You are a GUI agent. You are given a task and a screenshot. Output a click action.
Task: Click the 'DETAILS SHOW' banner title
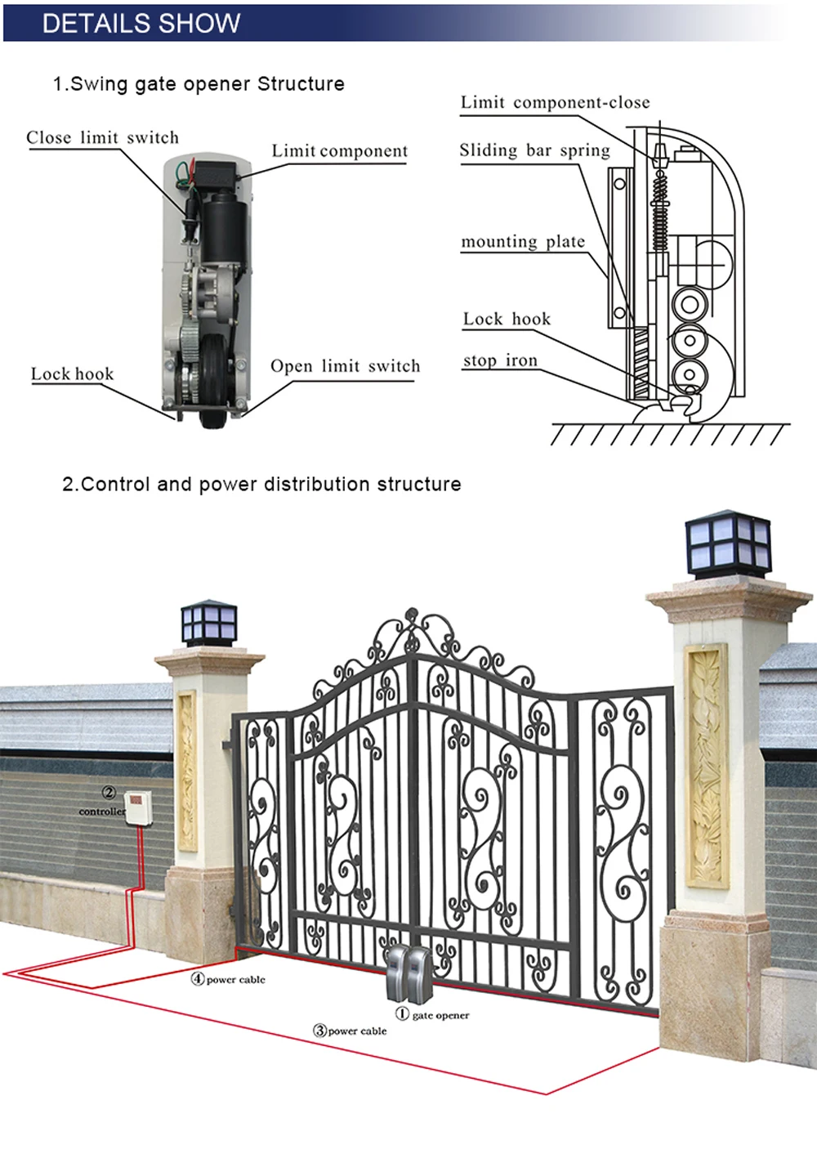coord(141,23)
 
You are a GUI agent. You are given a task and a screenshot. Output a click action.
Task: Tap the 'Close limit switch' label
coord(102,137)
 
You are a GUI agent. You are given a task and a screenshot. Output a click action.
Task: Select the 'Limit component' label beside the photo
coord(339,151)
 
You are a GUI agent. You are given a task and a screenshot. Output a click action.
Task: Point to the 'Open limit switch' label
coord(345,366)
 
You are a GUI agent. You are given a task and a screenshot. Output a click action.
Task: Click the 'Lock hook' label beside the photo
coord(72,374)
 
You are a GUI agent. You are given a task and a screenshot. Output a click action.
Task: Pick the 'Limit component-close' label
coord(555,103)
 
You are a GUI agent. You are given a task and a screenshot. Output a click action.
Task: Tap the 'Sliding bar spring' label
coord(534,150)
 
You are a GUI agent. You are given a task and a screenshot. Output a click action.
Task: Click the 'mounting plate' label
coord(523,242)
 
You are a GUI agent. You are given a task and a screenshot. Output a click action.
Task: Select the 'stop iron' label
coord(500,360)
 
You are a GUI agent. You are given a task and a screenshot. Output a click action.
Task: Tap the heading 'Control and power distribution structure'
coord(261,484)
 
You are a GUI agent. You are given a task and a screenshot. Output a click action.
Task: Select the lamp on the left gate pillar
coord(209,623)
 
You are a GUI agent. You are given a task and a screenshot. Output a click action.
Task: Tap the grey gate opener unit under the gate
coord(407,973)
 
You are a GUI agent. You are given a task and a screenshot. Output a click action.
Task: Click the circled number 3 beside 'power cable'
coord(320,1031)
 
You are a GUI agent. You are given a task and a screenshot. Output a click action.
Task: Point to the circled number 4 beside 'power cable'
coord(198,979)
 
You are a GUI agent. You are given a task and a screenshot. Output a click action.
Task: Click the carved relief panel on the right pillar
coord(707,765)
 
